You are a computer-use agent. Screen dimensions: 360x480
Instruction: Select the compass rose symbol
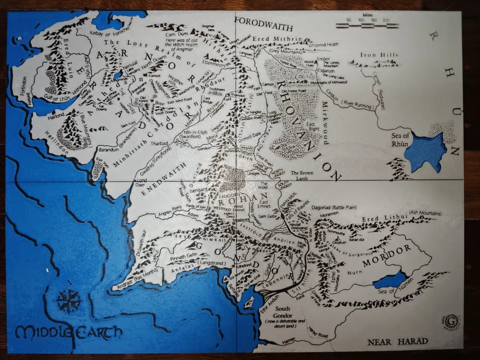pyautogui.click(x=68, y=301)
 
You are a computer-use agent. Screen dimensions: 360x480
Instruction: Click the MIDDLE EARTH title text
pyautogui.click(x=68, y=332)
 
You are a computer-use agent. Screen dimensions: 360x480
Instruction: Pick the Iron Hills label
pyautogui.click(x=379, y=55)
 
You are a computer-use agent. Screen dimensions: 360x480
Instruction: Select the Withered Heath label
pyautogui.click(x=323, y=44)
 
